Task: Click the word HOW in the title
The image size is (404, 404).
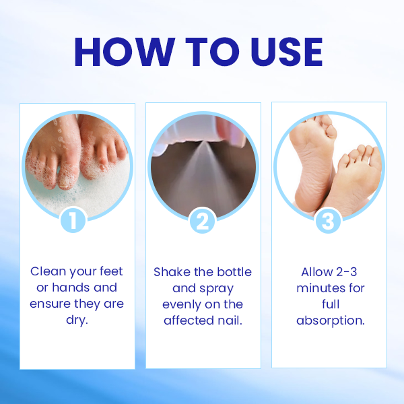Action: pyautogui.click(x=125, y=52)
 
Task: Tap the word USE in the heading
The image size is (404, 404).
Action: pyautogui.click(x=287, y=52)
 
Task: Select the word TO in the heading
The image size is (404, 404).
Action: pyautogui.click(x=212, y=52)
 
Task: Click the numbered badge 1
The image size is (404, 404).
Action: pyautogui.click(x=73, y=221)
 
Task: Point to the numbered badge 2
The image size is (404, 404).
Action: pyautogui.click(x=202, y=221)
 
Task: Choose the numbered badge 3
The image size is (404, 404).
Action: pyautogui.click(x=328, y=221)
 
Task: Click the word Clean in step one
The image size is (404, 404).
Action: pyautogui.click(x=48, y=271)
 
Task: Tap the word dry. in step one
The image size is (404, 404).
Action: pyautogui.click(x=77, y=321)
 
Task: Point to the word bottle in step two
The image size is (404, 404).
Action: pyautogui.click(x=234, y=272)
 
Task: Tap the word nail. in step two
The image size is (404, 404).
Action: pyautogui.click(x=230, y=321)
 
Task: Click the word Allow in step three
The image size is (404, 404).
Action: pyautogui.click(x=317, y=272)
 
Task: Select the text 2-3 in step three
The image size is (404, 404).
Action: pyautogui.click(x=347, y=272)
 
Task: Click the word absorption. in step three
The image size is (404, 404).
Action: pyautogui.click(x=331, y=321)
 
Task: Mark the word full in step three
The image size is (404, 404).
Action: pyautogui.click(x=331, y=304)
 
